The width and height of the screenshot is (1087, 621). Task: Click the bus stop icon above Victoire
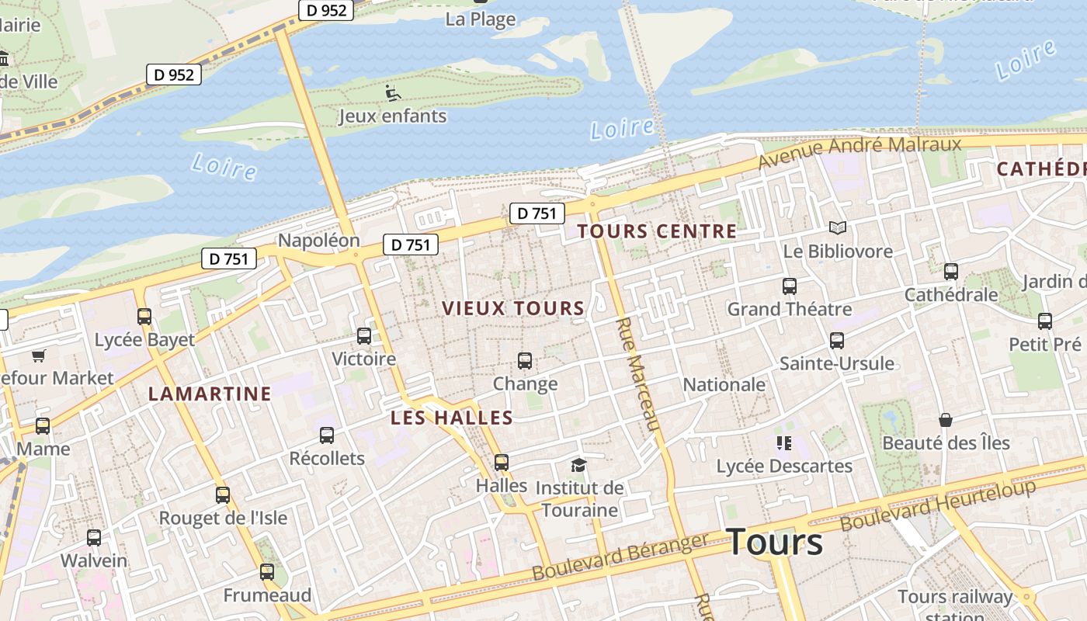(x=363, y=336)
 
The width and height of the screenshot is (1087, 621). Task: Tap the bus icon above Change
(x=525, y=361)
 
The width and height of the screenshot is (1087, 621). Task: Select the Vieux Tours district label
(x=513, y=308)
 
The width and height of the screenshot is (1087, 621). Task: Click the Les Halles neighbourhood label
(x=452, y=418)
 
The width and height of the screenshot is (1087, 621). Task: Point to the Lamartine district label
(x=210, y=394)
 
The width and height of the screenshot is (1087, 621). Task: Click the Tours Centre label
(x=657, y=231)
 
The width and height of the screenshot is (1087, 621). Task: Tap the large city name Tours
(x=774, y=542)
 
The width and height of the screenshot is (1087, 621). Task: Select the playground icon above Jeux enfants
(x=393, y=93)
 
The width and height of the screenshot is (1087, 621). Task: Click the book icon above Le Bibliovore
(x=837, y=227)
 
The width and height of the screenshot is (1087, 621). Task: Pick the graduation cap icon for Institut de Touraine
(x=578, y=465)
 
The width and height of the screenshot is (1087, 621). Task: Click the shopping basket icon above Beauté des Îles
(x=946, y=420)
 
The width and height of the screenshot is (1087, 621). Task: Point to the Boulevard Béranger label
(x=620, y=557)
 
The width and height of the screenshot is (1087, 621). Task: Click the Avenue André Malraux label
(x=860, y=151)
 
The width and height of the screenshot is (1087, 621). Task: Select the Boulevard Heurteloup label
(x=938, y=505)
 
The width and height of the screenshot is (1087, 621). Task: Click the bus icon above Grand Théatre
(x=790, y=286)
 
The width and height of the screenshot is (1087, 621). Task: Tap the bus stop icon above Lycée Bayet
(x=144, y=317)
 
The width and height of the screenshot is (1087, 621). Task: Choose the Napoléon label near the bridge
(x=318, y=240)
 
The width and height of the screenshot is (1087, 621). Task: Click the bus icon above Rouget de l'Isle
(x=223, y=495)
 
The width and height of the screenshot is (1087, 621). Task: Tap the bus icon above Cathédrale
(x=951, y=272)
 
